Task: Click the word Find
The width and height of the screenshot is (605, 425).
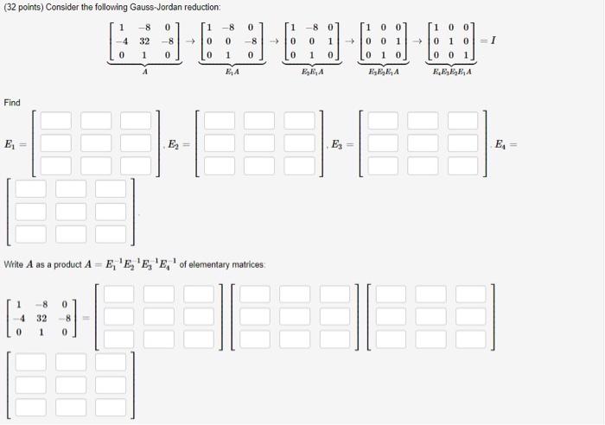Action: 11,103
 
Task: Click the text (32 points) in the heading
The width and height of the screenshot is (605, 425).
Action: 24,7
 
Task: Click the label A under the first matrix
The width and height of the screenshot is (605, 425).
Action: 145,73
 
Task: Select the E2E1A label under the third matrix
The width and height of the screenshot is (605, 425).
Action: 314,73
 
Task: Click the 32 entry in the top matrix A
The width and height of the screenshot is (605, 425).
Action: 145,39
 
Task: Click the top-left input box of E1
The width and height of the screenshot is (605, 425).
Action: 56,121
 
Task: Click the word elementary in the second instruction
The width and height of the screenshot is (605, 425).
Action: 220,263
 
